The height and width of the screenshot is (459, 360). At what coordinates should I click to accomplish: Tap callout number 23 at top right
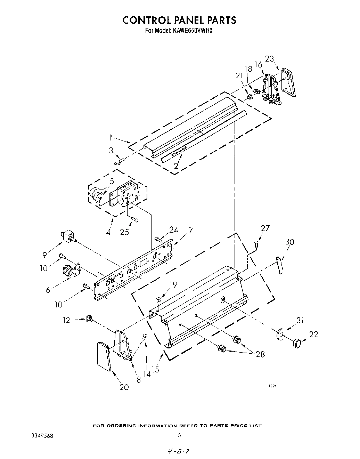coord(270,59)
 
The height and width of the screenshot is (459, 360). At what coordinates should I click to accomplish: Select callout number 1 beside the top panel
coord(111,138)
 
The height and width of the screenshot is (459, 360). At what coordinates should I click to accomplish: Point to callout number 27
coord(265,228)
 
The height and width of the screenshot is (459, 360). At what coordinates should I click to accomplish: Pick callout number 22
coord(313,334)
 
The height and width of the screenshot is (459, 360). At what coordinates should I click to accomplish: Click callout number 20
coord(124,387)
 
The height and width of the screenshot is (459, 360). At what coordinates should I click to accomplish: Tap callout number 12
coord(66,320)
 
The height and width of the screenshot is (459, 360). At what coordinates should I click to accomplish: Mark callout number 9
coord(44,255)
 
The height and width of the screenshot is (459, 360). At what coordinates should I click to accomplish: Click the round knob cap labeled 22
coord(297,344)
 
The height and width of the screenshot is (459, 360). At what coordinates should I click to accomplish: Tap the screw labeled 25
coord(135,220)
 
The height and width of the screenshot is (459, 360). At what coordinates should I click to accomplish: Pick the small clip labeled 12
coord(89,318)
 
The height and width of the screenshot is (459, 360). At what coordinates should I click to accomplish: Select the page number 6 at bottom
coord(179,435)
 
